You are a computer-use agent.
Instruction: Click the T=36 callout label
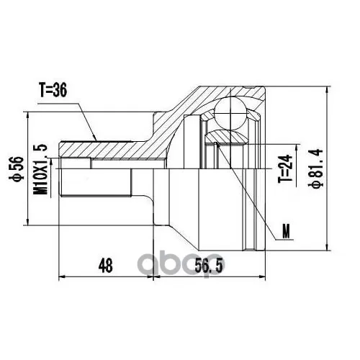click(53, 91)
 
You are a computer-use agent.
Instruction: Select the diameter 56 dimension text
click(17, 168)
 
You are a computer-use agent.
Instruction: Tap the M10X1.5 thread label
click(41, 169)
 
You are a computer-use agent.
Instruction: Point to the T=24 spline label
click(285, 168)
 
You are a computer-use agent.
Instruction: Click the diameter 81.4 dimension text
click(318, 168)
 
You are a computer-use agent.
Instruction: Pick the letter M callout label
click(286, 231)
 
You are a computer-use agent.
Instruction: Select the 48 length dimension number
click(105, 266)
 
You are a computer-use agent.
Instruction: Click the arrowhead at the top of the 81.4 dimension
click(326, 91)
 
